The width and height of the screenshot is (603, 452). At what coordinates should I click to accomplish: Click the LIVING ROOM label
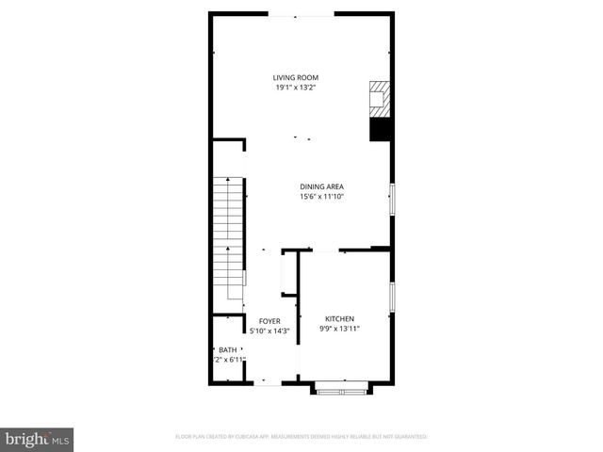click(x=296, y=77)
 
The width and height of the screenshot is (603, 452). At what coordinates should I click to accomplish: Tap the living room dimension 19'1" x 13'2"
click(x=296, y=88)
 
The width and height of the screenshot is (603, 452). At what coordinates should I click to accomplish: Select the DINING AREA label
click(x=322, y=186)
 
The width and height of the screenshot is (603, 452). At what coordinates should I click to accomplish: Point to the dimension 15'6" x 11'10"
click(x=322, y=197)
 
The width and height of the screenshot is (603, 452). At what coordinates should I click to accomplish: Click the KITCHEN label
click(x=339, y=318)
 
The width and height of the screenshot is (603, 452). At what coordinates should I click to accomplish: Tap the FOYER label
click(x=269, y=321)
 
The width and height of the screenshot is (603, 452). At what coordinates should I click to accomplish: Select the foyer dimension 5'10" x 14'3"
click(x=269, y=331)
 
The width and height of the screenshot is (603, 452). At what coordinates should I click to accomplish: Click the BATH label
click(x=227, y=349)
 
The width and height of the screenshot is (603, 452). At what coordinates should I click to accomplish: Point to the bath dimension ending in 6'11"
click(x=231, y=360)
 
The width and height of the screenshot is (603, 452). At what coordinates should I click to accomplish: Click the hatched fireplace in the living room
click(x=380, y=98)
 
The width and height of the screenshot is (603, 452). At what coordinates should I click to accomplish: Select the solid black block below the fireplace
click(x=380, y=129)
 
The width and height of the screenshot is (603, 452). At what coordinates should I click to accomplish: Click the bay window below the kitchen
click(x=341, y=387)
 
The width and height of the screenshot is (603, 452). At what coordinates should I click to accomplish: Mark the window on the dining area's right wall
click(x=392, y=200)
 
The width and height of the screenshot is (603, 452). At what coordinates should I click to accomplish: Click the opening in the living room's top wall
click(x=301, y=15)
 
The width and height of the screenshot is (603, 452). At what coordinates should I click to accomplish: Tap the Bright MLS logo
click(x=38, y=438)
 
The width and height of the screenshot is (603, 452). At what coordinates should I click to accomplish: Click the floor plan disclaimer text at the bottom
click(x=301, y=437)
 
